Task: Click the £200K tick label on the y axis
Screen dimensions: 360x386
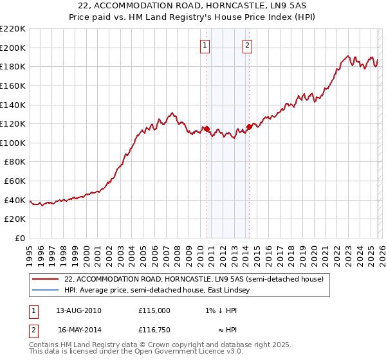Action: pyautogui.click(x=13, y=48)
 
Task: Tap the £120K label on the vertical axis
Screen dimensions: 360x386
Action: pyautogui.click(x=13, y=123)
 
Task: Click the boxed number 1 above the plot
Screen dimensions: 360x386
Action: pyautogui.click(x=205, y=45)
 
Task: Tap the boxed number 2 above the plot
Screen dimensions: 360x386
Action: pyautogui.click(x=248, y=45)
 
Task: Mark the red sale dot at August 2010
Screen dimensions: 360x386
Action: pyautogui.click(x=207, y=129)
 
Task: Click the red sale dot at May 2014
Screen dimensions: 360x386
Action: pyautogui.click(x=249, y=127)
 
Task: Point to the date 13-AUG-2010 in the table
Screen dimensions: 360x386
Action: pyautogui.click(x=78, y=310)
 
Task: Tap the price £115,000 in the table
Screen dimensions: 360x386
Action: pyautogui.click(x=154, y=310)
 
